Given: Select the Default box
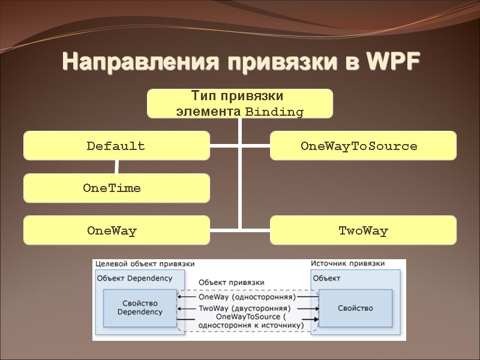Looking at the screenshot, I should click(116, 146).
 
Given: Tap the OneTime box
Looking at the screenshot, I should click(116, 188).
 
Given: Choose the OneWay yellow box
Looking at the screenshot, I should click(116, 230).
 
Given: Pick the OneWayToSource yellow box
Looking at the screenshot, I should click(363, 146).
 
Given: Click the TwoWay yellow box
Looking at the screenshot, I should click(363, 230).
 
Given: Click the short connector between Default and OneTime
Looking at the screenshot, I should click(116, 167).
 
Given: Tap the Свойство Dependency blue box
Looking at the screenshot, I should click(140, 308).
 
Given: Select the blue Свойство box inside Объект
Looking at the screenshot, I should click(355, 308).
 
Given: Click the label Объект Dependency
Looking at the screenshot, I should click(134, 278).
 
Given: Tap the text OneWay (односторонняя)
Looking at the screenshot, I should click(246, 297).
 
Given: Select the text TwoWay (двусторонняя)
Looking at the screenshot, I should click(246, 308).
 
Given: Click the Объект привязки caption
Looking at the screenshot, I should click(231, 282).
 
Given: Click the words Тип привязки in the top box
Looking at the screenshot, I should click(236, 96).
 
